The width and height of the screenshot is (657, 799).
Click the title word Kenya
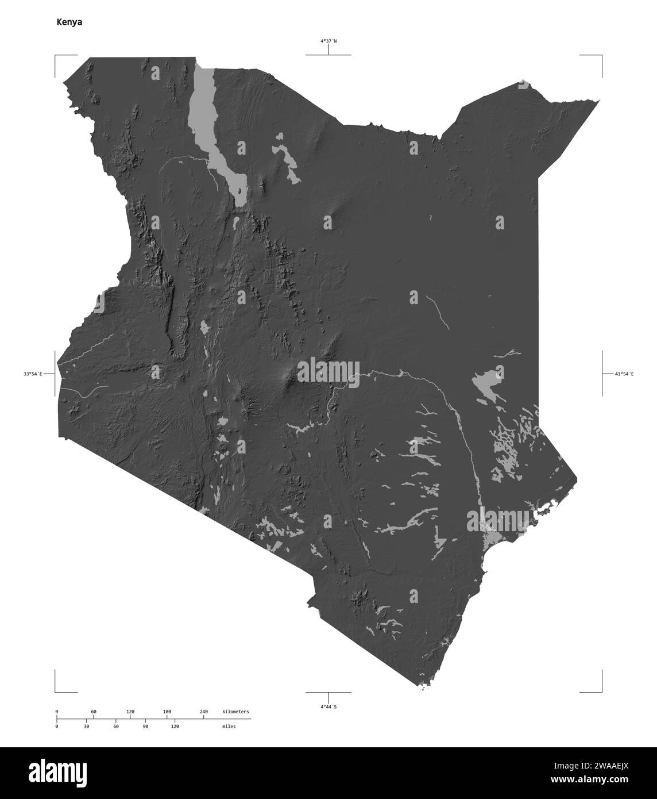pos(69,22)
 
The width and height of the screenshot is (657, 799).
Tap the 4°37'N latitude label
pos(328,41)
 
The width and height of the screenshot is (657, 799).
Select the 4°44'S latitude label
pos(328,706)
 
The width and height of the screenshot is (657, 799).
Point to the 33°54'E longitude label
pos(33,374)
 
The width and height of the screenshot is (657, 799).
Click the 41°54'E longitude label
pos(624,374)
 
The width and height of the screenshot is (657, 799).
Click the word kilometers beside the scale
pos(235,712)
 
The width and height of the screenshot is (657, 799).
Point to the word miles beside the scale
pos(229,727)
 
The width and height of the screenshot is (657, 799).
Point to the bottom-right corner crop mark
pos(601,692)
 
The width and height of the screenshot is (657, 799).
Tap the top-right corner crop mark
pos(601,56)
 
